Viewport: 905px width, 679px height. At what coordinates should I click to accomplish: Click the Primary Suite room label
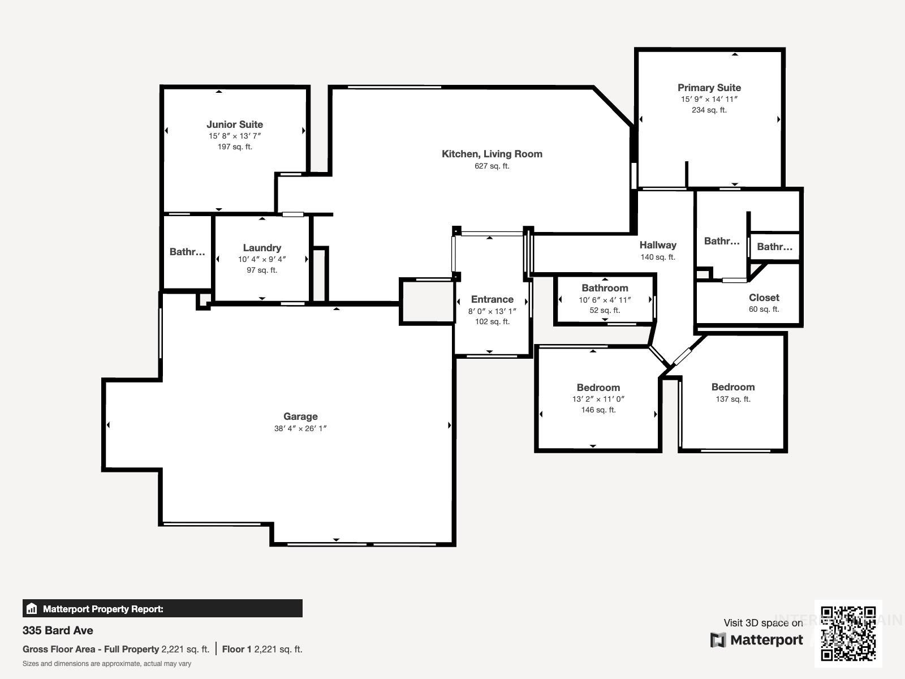(x=709, y=88)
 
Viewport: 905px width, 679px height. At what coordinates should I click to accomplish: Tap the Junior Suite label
(x=234, y=124)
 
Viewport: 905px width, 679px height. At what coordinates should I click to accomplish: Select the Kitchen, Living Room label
(x=492, y=154)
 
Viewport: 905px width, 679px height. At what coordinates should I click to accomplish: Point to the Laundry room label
(x=262, y=248)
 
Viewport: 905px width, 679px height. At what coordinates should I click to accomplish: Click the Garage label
(x=300, y=416)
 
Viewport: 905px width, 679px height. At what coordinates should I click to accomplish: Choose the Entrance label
(x=492, y=299)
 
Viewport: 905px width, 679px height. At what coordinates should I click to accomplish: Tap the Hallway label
(x=658, y=245)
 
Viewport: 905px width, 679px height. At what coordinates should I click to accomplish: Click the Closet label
(x=764, y=298)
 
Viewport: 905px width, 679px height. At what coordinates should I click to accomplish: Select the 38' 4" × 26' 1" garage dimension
(x=300, y=428)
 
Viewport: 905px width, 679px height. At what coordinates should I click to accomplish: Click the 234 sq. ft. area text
(x=709, y=110)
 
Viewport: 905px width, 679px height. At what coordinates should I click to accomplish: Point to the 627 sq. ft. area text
(x=492, y=166)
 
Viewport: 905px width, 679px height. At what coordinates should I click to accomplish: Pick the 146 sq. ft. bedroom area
(x=598, y=410)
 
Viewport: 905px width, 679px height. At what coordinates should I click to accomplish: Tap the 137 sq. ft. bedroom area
(x=732, y=399)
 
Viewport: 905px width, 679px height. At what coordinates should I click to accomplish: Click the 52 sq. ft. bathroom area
(x=605, y=310)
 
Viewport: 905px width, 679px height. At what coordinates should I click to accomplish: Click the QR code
(x=848, y=633)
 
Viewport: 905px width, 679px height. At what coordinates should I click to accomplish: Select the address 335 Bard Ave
(x=58, y=630)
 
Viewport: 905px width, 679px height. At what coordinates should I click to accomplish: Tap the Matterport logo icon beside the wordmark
(x=718, y=640)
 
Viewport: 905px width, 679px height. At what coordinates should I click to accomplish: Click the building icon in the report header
(x=32, y=609)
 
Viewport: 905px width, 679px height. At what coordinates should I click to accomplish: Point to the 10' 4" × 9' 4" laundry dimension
(x=262, y=259)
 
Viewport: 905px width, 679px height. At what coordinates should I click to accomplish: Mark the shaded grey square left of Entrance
(x=427, y=302)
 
